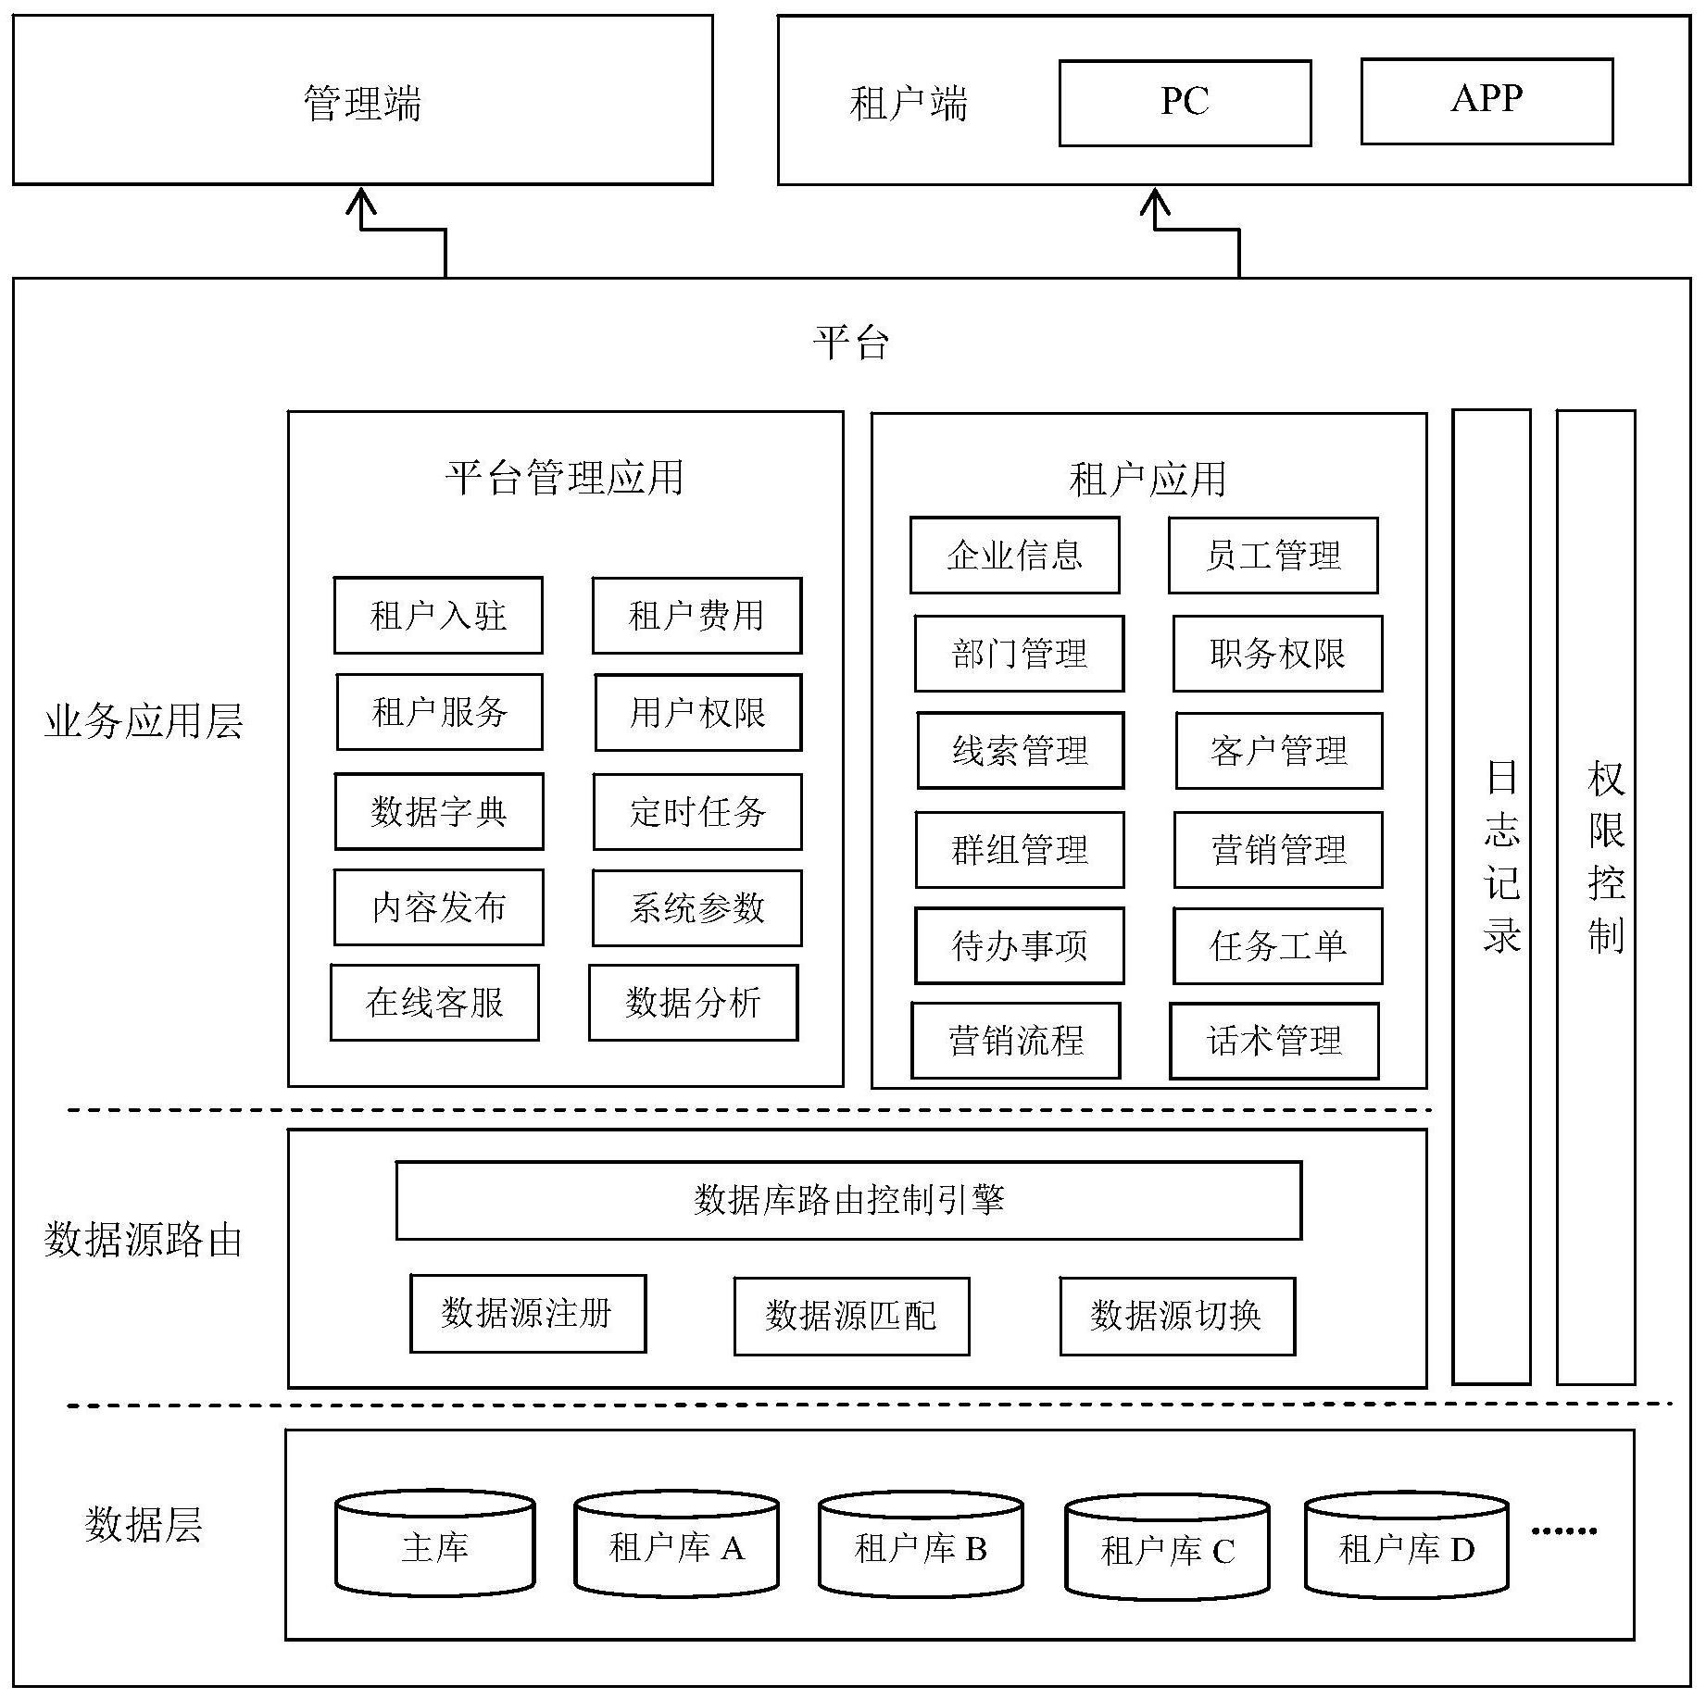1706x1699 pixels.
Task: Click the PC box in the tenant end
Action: click(x=1185, y=103)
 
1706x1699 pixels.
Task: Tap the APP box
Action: click(x=1486, y=101)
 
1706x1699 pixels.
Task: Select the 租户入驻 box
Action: click(x=438, y=616)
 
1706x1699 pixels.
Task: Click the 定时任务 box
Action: click(x=696, y=812)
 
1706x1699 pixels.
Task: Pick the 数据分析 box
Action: click(x=693, y=1003)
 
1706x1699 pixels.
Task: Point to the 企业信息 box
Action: click(x=1014, y=556)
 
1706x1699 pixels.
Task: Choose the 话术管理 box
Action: click(x=1273, y=1041)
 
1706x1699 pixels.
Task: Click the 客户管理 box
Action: click(x=1278, y=751)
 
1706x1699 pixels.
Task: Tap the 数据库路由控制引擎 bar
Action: click(x=848, y=1201)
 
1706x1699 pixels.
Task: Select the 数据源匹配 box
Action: click(x=851, y=1316)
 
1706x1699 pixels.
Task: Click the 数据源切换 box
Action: click(x=1176, y=1316)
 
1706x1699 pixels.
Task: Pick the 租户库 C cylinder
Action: click(x=1167, y=1550)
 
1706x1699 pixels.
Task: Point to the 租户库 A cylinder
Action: click(x=676, y=1547)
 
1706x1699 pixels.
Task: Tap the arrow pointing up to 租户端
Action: click(x=1155, y=208)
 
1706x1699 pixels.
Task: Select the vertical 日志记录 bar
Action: click(x=1490, y=895)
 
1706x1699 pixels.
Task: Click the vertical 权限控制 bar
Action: click(x=1595, y=895)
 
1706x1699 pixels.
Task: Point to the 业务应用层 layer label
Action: click(x=144, y=721)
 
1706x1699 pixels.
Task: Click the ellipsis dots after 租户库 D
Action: click(x=1563, y=1530)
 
